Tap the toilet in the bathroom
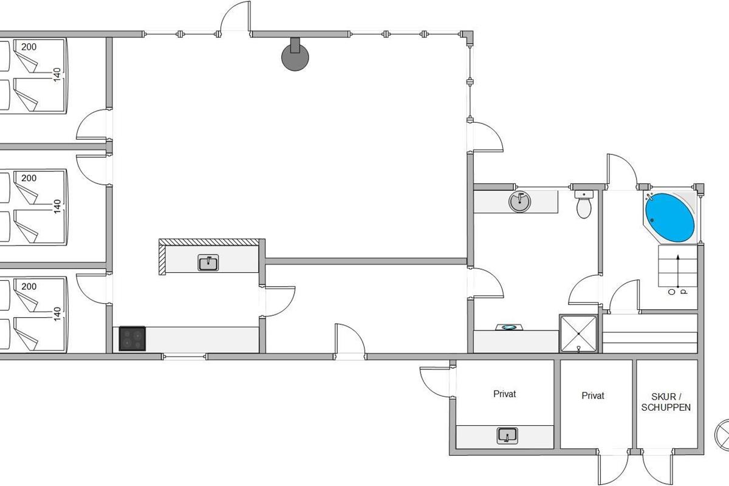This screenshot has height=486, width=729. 584,205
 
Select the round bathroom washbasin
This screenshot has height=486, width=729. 519,201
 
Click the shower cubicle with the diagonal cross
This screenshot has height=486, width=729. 578,334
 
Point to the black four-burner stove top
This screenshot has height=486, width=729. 132,339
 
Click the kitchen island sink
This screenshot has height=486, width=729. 208,263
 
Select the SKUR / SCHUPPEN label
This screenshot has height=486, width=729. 666,402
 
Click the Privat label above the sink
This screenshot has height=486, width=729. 504,394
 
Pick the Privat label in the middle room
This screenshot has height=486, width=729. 593,395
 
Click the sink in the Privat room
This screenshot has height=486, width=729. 507,435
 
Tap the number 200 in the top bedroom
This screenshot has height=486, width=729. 29,47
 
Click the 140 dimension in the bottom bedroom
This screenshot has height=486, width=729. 57,313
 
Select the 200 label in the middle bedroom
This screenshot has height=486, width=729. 29,179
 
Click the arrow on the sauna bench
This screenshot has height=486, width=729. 677,271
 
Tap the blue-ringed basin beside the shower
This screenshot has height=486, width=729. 508,327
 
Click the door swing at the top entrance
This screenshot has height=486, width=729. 234,16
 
